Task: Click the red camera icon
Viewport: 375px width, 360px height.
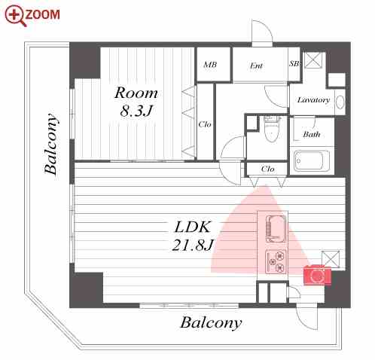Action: pyautogui.click(x=317, y=275)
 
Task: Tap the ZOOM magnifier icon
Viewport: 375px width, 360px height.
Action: pyautogui.click(x=16, y=16)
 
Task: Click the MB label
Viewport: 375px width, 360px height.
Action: pyautogui.click(x=210, y=65)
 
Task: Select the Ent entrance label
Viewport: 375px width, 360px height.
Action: pyautogui.click(x=256, y=66)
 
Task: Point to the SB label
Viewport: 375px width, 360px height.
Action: pyautogui.click(x=294, y=64)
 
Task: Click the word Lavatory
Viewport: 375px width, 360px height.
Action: pyautogui.click(x=313, y=100)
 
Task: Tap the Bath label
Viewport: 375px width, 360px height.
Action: pyautogui.click(x=312, y=134)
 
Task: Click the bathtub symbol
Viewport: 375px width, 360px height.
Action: pyautogui.click(x=312, y=161)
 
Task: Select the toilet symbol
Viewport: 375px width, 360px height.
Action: pyautogui.click(x=272, y=129)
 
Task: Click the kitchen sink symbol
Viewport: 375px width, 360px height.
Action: pyautogui.click(x=276, y=228)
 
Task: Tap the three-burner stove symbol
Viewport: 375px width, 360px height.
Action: pyautogui.click(x=276, y=262)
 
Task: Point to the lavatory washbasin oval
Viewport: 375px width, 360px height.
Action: pyautogui.click(x=340, y=102)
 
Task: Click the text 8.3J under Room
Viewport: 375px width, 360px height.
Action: pyautogui.click(x=136, y=111)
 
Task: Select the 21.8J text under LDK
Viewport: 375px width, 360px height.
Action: pyautogui.click(x=193, y=245)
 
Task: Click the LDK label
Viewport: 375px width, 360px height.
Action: pyautogui.click(x=193, y=227)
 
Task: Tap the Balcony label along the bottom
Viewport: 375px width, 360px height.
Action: pyautogui.click(x=211, y=323)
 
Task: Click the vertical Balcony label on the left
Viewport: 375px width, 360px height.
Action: pyautogui.click(x=51, y=144)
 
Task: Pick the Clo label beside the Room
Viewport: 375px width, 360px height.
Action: pyautogui.click(x=205, y=124)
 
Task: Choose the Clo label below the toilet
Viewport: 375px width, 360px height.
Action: pyautogui.click(x=267, y=169)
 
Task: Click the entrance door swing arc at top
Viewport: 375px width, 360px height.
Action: pyautogui.click(x=266, y=28)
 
